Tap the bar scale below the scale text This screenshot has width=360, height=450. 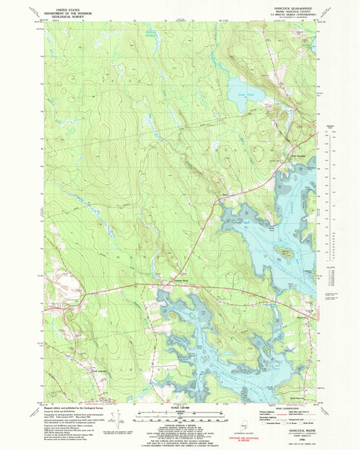click(179, 415)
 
